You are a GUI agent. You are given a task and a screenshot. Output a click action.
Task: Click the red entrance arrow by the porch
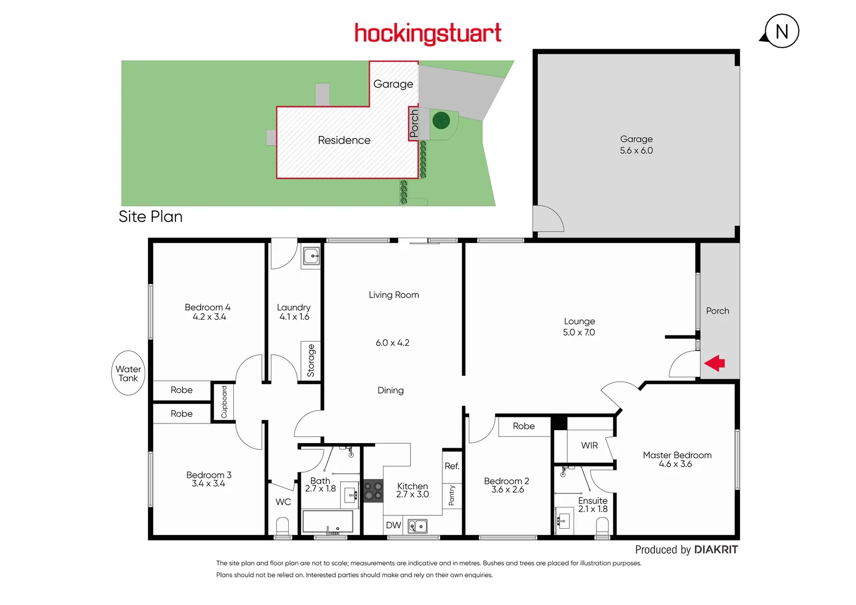(715, 364)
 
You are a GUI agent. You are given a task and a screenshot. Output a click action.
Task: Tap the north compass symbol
(781, 31)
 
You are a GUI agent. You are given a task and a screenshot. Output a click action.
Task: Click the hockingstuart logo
(428, 34)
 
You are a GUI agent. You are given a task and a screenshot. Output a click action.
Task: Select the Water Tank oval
(128, 373)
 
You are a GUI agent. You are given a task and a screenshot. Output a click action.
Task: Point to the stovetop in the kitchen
(373, 491)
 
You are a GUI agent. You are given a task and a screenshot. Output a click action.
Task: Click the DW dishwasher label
(394, 525)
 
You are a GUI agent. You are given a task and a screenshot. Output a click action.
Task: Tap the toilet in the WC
(283, 527)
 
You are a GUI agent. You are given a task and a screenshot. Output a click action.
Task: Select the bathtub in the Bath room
(328, 522)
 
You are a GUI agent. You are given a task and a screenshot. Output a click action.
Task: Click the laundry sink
(311, 257)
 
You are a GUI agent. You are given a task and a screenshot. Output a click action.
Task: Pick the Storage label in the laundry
(311, 361)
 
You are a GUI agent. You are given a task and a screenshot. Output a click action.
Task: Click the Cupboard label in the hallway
(224, 402)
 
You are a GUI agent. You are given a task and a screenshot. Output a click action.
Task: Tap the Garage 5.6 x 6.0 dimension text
(636, 151)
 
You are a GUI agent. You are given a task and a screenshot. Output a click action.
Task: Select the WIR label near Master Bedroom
(589, 445)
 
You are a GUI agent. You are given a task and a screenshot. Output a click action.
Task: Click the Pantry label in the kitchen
(452, 495)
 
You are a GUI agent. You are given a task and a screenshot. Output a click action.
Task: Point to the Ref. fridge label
(452, 466)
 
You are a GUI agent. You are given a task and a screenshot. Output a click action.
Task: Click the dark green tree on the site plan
(441, 120)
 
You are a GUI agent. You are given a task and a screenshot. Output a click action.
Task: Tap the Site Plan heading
(151, 217)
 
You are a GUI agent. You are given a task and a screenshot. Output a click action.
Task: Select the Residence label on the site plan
(344, 140)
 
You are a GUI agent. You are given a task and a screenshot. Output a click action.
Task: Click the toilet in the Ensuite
(602, 527)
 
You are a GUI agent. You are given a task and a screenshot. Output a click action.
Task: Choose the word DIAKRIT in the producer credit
(716, 550)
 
